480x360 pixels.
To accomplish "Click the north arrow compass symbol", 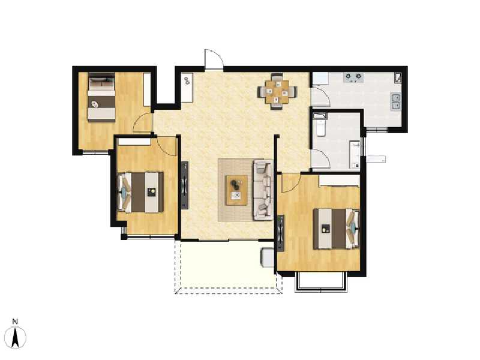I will (17, 337).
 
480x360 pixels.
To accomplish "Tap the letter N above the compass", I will (17, 322).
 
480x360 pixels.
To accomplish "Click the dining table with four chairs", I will (277, 91).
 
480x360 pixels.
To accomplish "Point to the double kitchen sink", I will (395, 101).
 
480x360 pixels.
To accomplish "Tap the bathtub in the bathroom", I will (319, 127).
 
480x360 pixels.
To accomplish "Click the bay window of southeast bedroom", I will (321, 282).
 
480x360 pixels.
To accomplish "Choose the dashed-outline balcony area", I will (228, 267).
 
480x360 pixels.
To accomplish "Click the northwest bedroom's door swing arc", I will (143, 122).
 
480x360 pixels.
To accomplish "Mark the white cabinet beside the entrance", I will (187, 88).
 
